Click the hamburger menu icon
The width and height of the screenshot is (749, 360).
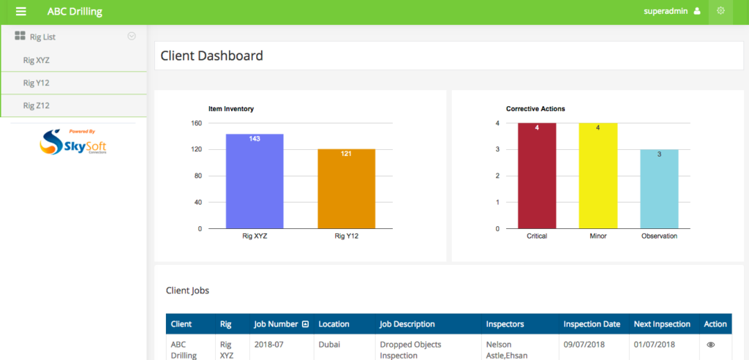pyautogui.click(x=20, y=12)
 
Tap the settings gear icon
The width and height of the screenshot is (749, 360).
pyautogui.click(x=720, y=11)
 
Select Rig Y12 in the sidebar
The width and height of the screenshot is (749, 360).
pyautogui.click(x=37, y=83)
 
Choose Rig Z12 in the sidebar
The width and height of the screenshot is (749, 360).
pyautogui.click(x=37, y=105)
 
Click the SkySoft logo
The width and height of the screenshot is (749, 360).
pyautogui.click(x=73, y=141)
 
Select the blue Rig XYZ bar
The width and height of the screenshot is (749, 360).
pyautogui.click(x=255, y=181)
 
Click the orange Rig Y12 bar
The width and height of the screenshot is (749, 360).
pyautogui.click(x=346, y=189)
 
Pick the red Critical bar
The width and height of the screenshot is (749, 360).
pyautogui.click(x=537, y=176)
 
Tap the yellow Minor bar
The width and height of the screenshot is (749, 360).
pyautogui.click(x=598, y=176)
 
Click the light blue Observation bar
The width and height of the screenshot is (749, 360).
pyautogui.click(x=659, y=189)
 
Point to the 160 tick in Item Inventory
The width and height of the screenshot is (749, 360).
pyautogui.click(x=196, y=123)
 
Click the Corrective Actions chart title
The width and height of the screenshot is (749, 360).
pyautogui.click(x=535, y=109)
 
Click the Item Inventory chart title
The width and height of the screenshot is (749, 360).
pyautogui.click(x=231, y=109)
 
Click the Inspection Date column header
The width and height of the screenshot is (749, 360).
pyautogui.click(x=592, y=324)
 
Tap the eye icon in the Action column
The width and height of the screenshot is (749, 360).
pyautogui.click(x=710, y=345)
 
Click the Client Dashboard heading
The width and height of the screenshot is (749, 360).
pyautogui.click(x=211, y=56)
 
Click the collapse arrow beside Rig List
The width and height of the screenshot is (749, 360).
pyautogui.click(x=132, y=36)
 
